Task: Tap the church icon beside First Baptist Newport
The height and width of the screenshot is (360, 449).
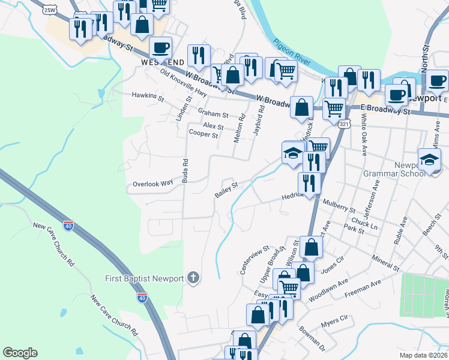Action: click(193, 277)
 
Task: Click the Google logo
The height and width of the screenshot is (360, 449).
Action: click(20, 353)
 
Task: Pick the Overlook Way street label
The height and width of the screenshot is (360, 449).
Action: click(152, 183)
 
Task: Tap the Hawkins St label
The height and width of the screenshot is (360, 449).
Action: click(148, 95)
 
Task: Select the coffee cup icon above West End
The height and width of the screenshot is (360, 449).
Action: click(161, 46)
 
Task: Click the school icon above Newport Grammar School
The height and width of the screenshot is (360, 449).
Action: click(430, 158)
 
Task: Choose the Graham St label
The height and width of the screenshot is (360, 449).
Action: click(214, 114)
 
